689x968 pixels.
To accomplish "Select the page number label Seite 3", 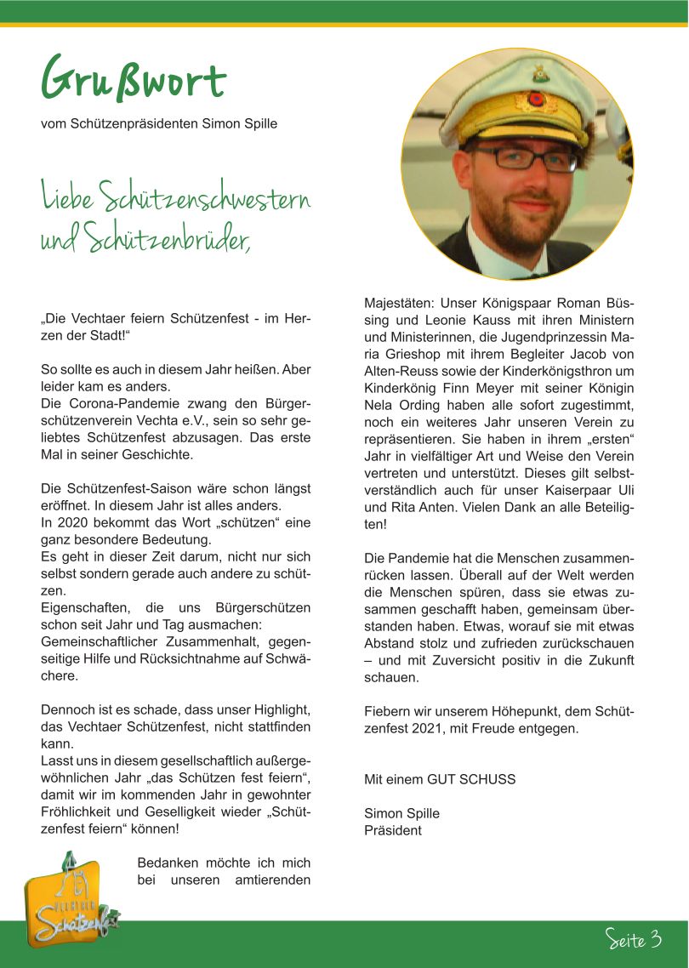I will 634,939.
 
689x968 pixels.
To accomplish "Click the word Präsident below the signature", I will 392,829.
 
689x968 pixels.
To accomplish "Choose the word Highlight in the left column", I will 278,710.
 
